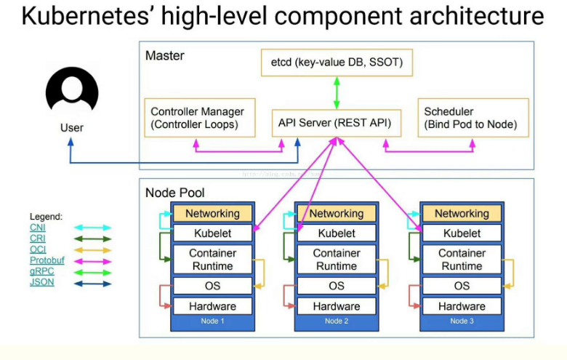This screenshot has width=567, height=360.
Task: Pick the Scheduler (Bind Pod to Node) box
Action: [472, 118]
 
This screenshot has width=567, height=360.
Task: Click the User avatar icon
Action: [71, 93]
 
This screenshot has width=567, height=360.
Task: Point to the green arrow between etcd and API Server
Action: [337, 93]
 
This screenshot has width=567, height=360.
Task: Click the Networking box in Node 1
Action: [212, 213]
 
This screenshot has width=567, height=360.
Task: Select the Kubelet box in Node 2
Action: [337, 233]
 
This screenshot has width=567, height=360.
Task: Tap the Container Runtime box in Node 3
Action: [462, 260]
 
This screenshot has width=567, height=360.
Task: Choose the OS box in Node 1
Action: [212, 286]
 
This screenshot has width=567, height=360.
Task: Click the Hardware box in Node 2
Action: [337, 306]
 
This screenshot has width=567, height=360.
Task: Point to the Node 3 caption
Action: [462, 321]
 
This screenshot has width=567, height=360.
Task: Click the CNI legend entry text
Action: [37, 228]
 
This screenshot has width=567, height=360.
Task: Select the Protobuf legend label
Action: [45, 260]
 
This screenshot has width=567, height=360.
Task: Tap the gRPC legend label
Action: [41, 271]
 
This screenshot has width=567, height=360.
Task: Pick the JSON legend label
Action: [41, 281]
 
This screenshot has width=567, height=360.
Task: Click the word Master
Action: [165, 55]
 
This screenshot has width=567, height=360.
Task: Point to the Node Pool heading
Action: [175, 193]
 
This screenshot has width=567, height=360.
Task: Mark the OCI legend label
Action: [37, 249]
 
